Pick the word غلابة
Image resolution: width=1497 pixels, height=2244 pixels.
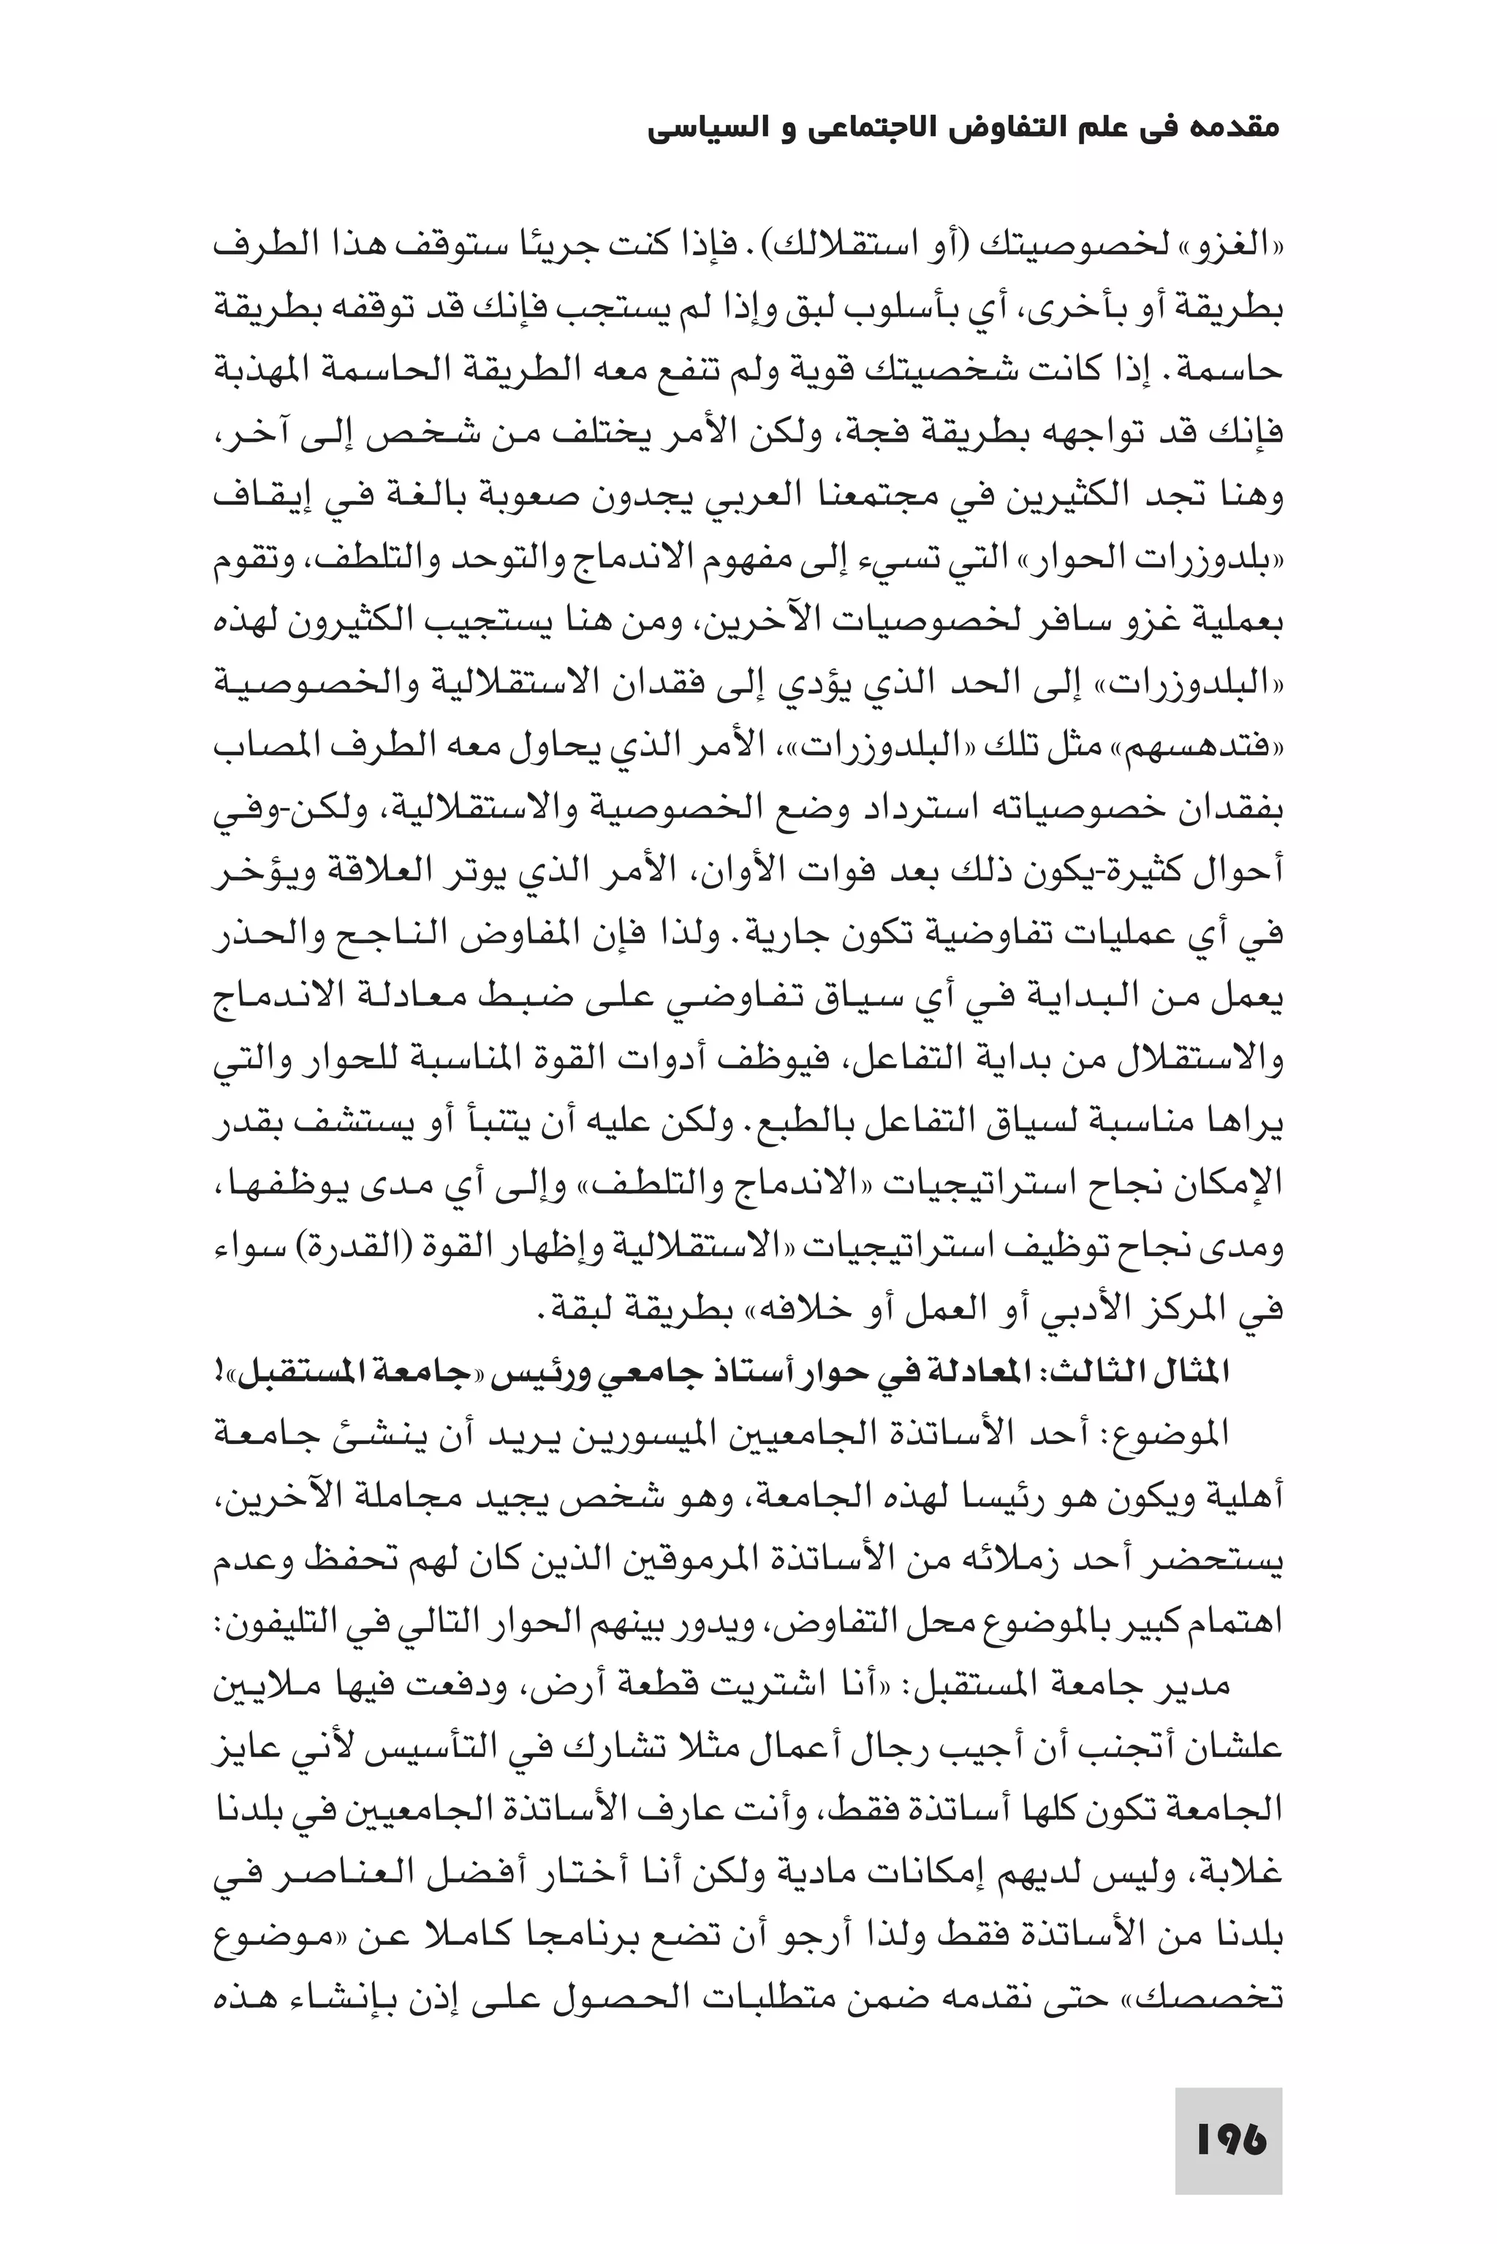pos(1243,1873)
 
